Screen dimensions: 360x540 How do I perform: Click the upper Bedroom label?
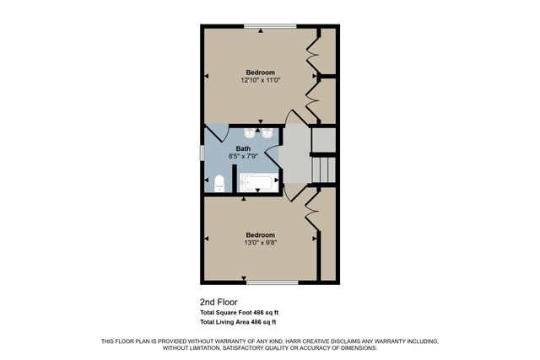pos(260,72)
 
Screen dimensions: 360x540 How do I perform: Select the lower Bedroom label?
pos(260,234)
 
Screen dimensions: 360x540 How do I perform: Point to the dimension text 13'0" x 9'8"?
pos(260,242)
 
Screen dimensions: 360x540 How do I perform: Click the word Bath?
pos(243,148)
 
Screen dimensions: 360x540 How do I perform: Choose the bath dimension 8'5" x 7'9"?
pos(243,156)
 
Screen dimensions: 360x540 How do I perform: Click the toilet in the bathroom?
pos(219,183)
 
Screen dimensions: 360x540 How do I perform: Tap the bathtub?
pos(257,183)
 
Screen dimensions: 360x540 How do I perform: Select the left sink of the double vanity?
pos(250,133)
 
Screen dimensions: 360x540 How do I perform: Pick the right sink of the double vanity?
pos(267,133)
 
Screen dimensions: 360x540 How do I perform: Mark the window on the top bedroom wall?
pos(270,26)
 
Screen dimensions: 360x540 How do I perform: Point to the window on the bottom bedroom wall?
pos(270,282)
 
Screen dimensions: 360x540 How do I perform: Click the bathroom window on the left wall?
pos(202,153)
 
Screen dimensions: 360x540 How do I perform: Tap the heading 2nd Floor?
pos(219,301)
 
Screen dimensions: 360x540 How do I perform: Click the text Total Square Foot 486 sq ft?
pos(239,312)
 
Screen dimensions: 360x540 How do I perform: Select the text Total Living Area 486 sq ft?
pos(239,322)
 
